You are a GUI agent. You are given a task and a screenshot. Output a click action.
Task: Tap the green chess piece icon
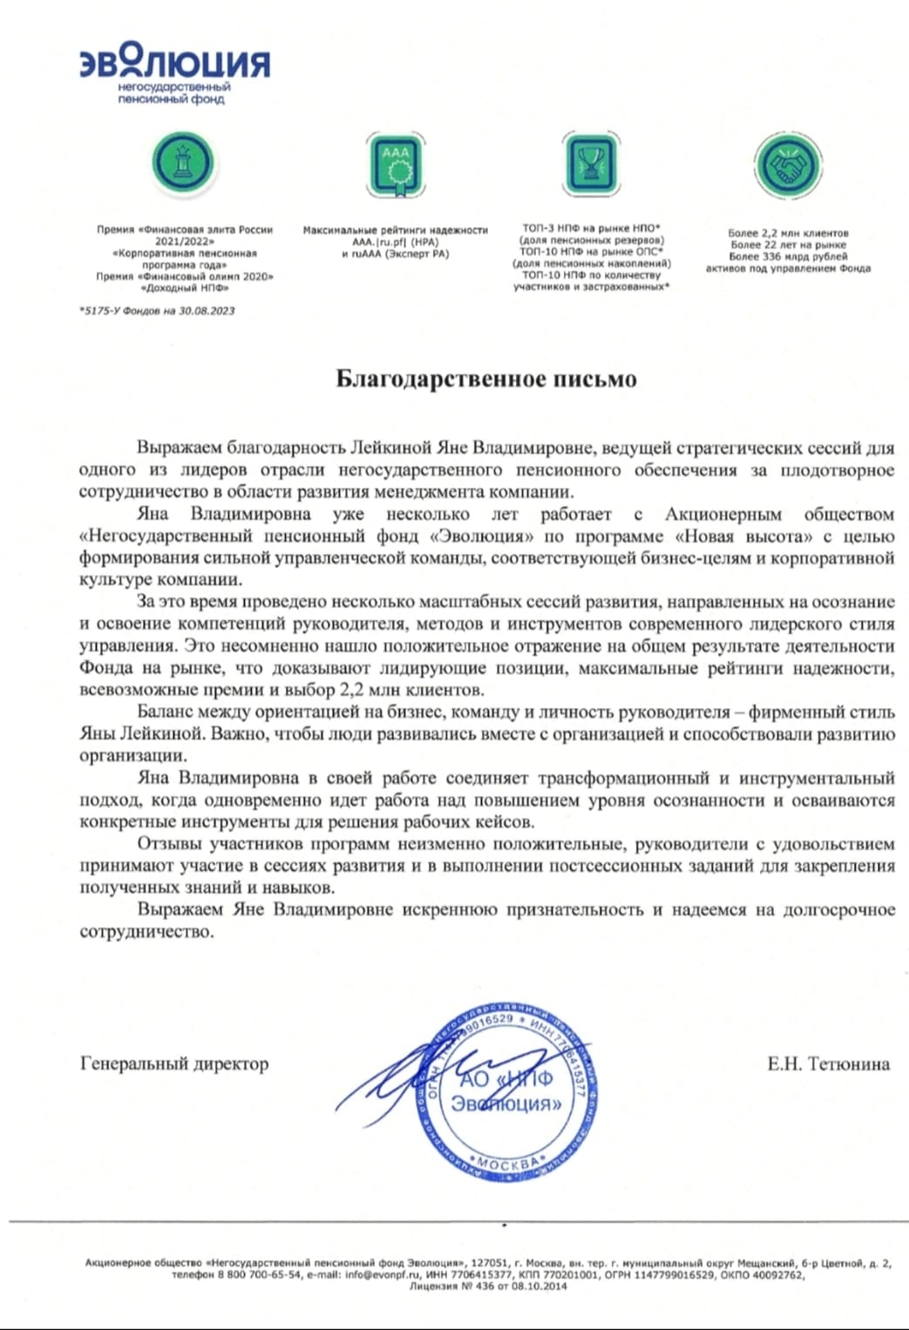[182, 162]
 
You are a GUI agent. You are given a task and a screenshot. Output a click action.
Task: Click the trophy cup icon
[591, 163]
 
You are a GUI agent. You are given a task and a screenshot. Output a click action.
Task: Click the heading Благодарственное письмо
[486, 379]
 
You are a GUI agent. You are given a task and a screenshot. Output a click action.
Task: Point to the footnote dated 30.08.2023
[157, 310]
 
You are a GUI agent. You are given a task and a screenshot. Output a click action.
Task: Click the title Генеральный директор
[174, 1063]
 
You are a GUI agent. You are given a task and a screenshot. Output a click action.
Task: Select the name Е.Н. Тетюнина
[828, 1063]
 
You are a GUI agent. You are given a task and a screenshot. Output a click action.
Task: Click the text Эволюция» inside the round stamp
[506, 1104]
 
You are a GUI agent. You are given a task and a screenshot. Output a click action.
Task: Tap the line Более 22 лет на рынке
[788, 245]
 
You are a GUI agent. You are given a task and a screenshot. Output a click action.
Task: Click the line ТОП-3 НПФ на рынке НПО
[591, 228]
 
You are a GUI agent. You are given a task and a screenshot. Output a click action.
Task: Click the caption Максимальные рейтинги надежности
[395, 230]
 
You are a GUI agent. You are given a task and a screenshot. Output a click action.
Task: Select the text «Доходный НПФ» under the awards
[185, 287]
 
